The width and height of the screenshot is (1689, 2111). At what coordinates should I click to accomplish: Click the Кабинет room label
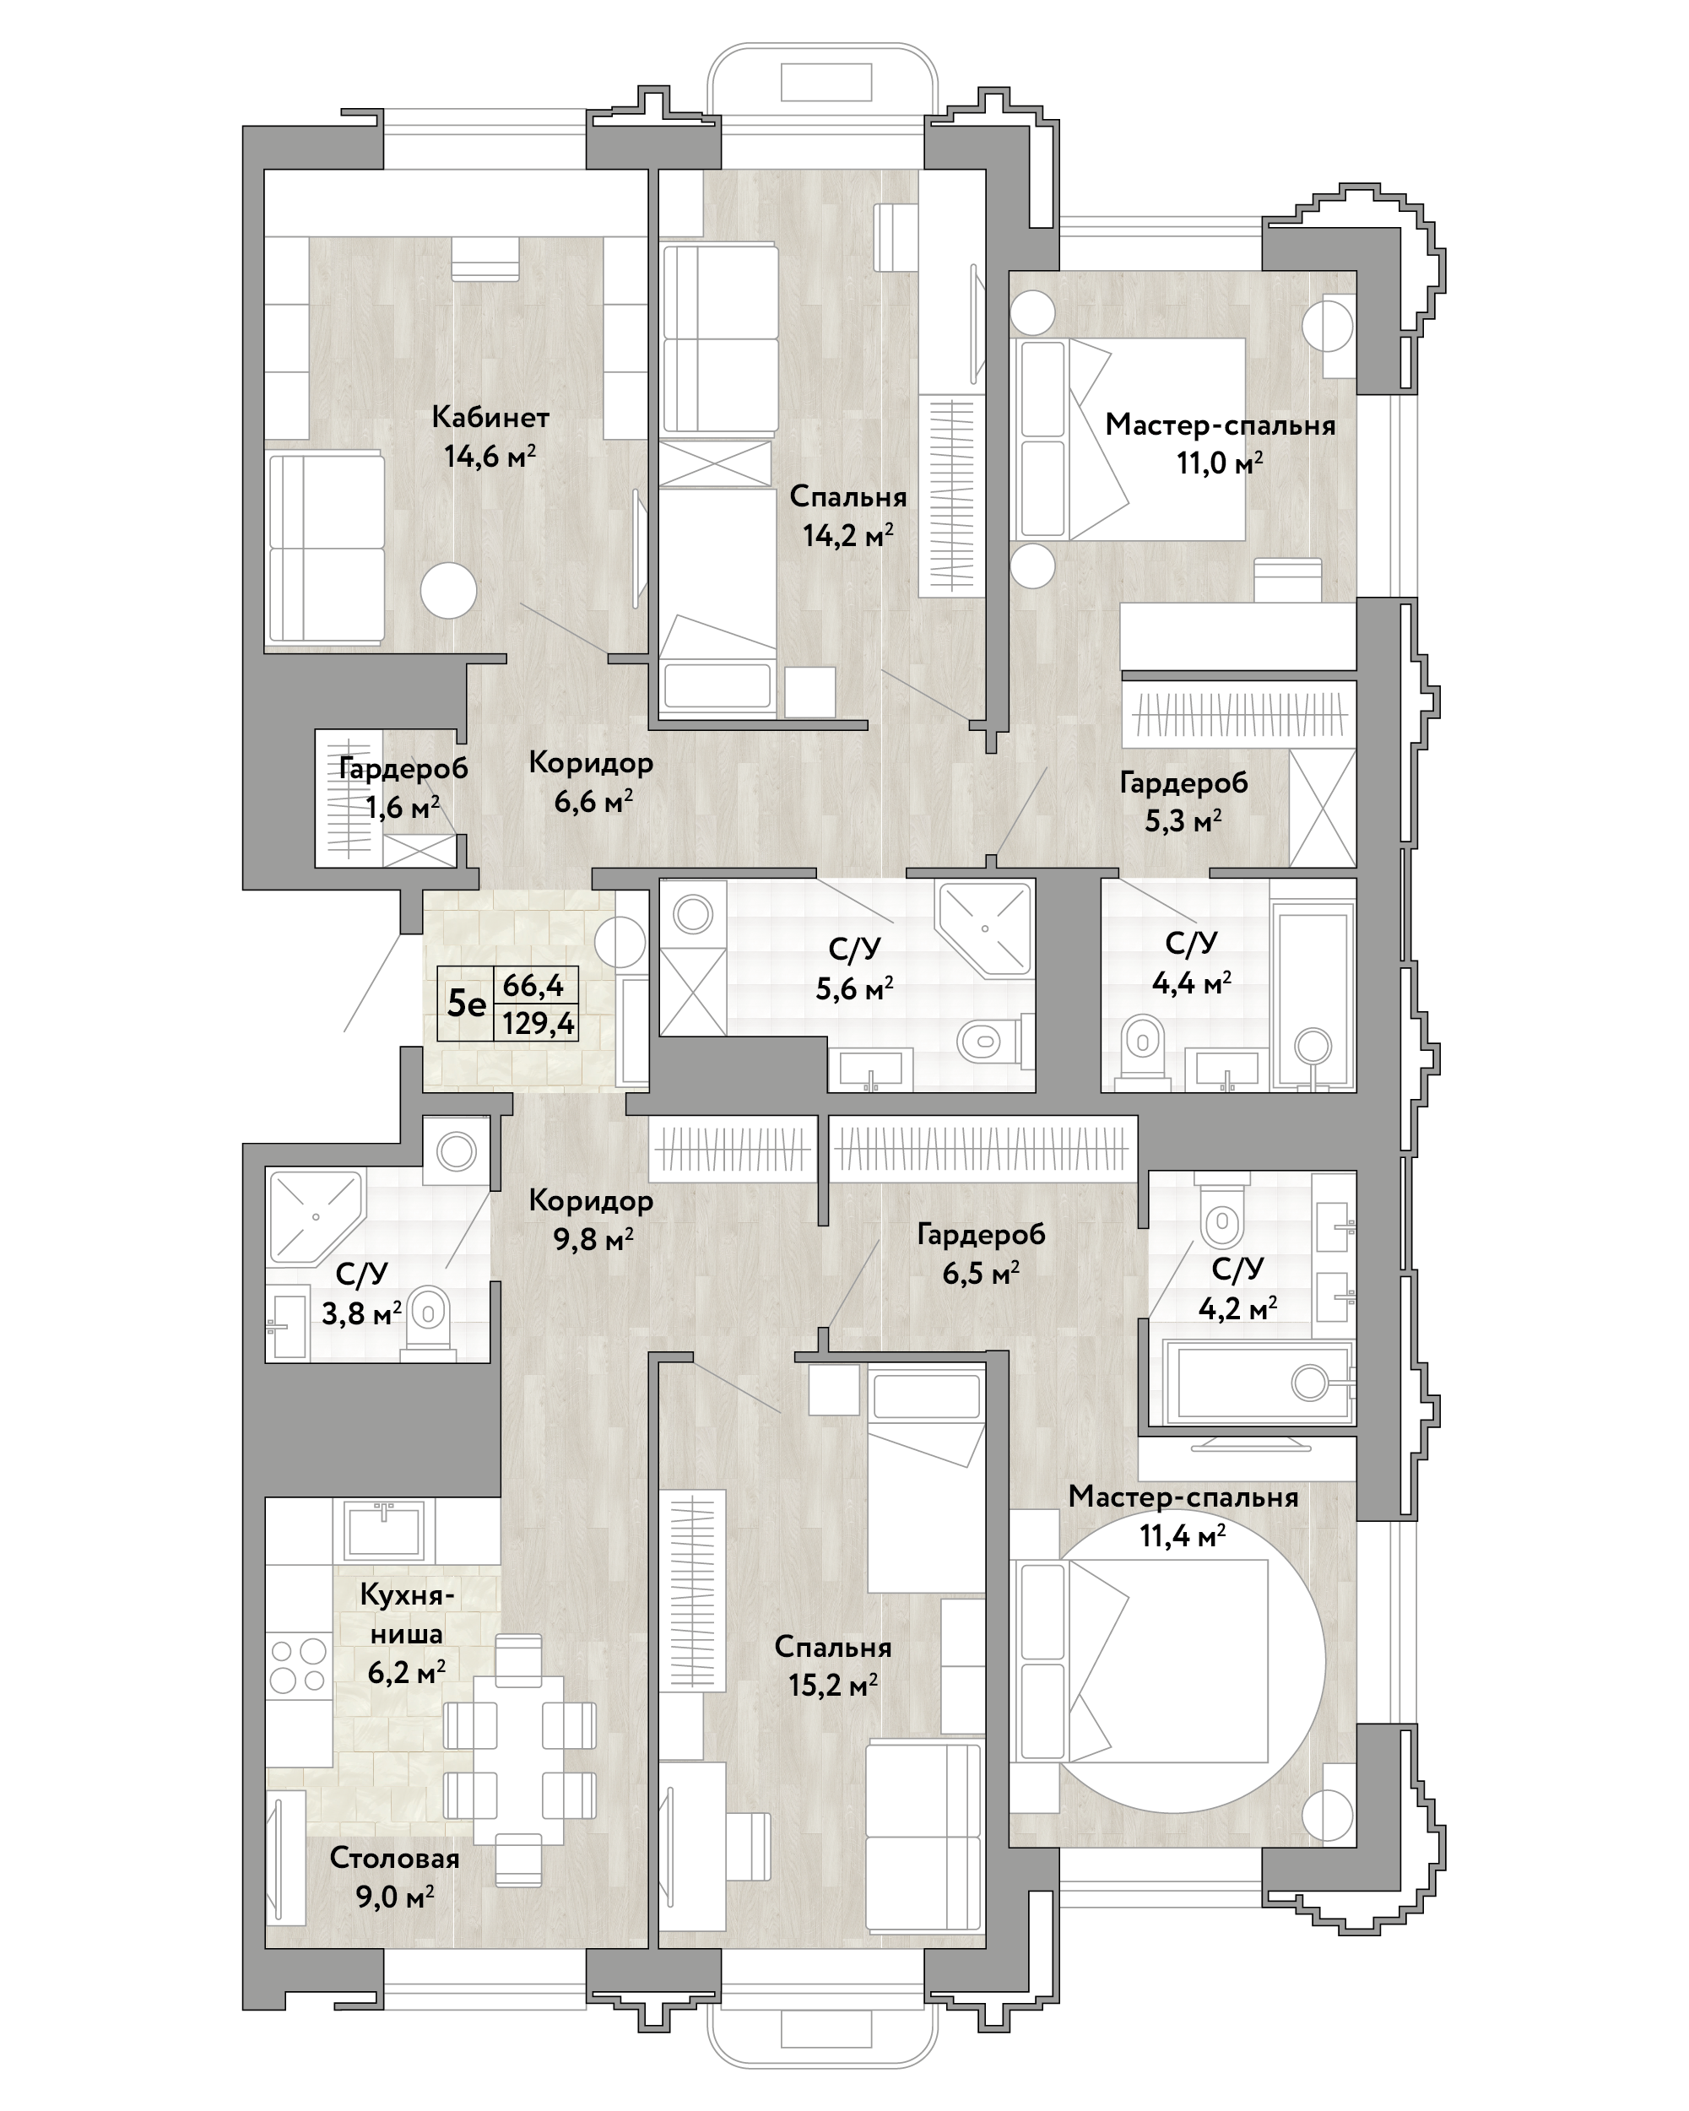[490, 417]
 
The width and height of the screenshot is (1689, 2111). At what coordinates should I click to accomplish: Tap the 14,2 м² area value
[848, 534]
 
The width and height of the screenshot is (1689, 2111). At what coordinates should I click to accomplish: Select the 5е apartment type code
[466, 1003]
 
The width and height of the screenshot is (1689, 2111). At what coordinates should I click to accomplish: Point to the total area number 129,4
[538, 1024]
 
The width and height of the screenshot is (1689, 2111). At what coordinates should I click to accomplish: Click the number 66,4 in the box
[533, 985]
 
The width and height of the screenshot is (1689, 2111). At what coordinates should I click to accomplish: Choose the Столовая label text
[394, 1858]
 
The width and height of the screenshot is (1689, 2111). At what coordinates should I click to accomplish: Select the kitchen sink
[383, 1531]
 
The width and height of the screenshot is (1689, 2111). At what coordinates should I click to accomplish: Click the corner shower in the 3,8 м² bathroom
[314, 1217]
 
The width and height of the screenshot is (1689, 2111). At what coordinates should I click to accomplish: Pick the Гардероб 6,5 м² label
[981, 1253]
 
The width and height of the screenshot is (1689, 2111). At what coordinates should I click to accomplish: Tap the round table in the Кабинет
[448, 590]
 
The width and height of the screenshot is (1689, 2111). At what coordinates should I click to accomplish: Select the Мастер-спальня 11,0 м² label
[1220, 443]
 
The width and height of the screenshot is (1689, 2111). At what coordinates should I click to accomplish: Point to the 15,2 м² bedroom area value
[832, 1684]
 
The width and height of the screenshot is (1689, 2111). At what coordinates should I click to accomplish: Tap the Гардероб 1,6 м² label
[403, 788]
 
